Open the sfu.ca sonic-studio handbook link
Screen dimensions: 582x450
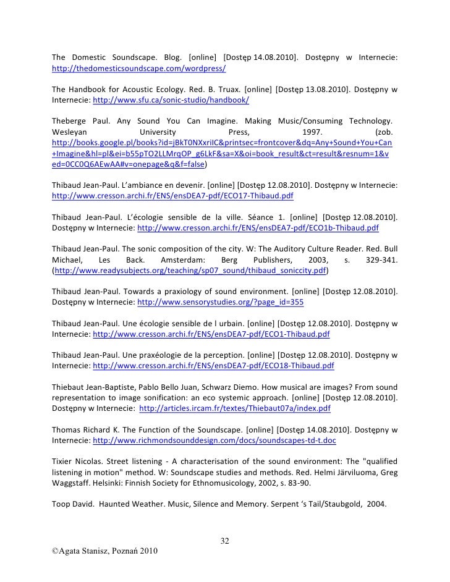click(x=170, y=99)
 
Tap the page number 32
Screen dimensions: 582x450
click(x=225, y=542)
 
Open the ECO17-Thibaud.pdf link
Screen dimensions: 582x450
click(x=172, y=195)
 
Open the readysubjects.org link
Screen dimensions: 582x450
click(x=190, y=271)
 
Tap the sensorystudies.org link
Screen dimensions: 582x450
click(x=220, y=303)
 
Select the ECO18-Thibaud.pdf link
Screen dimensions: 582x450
click(x=211, y=366)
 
